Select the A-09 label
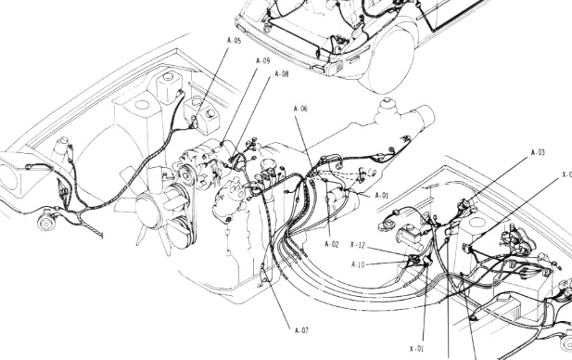point(262,61)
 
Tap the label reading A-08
point(280,74)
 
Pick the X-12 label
point(362,248)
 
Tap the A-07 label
point(300,329)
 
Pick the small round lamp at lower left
point(44,225)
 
